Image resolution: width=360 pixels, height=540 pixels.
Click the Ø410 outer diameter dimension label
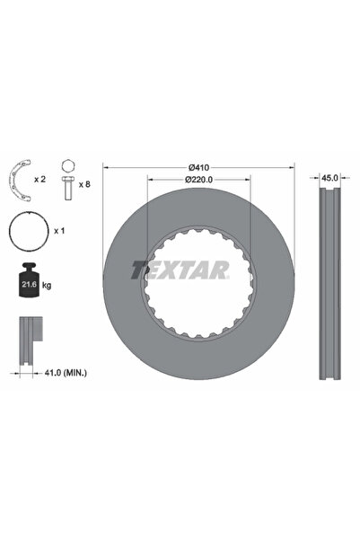(198, 168)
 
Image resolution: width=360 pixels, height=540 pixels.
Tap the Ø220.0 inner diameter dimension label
(198, 181)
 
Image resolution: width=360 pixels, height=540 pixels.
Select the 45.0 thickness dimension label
(330, 179)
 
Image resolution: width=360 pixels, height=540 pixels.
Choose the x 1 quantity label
(60, 231)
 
